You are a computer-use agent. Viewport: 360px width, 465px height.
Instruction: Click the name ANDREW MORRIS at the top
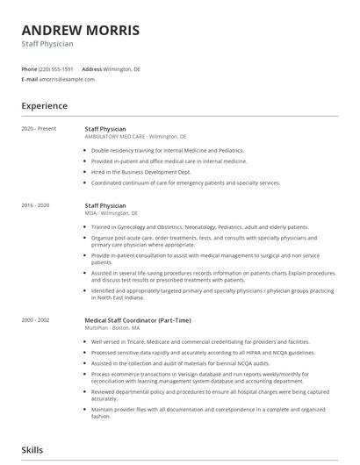click(80, 30)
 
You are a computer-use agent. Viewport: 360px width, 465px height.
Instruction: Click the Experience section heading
click(45, 106)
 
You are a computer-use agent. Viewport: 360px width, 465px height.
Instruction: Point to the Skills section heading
click(33, 448)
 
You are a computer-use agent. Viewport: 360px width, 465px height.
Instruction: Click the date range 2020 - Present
click(39, 129)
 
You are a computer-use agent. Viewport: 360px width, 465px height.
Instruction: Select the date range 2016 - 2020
click(36, 205)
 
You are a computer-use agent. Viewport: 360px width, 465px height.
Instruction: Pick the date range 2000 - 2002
click(36, 320)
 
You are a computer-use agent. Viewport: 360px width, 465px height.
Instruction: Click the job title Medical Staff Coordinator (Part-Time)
click(137, 320)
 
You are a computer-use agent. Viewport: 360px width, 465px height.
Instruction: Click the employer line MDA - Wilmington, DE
click(111, 213)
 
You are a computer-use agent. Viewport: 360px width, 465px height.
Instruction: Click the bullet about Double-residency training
click(167, 150)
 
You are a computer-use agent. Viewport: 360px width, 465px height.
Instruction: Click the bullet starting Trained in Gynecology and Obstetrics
click(199, 226)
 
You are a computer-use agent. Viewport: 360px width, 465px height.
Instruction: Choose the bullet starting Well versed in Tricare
click(199, 341)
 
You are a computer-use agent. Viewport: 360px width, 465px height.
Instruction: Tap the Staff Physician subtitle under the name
click(47, 44)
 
